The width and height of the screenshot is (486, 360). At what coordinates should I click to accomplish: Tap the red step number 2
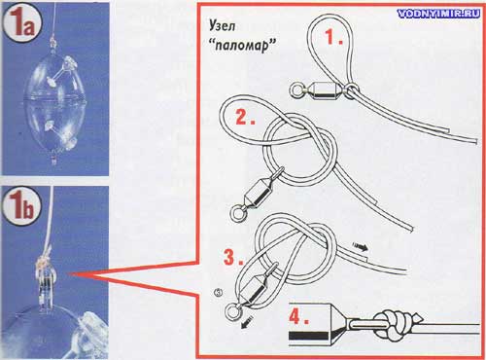245,117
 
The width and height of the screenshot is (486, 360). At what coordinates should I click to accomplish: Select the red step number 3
233,257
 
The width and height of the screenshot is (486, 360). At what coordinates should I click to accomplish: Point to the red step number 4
298,316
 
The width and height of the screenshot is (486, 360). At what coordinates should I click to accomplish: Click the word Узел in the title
222,25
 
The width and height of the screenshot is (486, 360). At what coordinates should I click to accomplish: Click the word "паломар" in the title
243,46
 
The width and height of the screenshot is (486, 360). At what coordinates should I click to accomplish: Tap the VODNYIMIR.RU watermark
438,14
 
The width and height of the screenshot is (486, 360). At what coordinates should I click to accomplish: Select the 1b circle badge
22,206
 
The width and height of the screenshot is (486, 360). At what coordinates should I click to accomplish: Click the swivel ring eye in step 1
296,90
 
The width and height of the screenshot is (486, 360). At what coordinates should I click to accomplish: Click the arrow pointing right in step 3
360,247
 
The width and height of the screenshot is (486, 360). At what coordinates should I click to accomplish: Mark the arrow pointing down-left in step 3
247,322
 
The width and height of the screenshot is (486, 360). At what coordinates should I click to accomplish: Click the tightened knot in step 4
392,325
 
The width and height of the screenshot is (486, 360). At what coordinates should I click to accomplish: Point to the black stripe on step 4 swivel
310,335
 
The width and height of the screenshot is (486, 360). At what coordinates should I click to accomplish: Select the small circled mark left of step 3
219,292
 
